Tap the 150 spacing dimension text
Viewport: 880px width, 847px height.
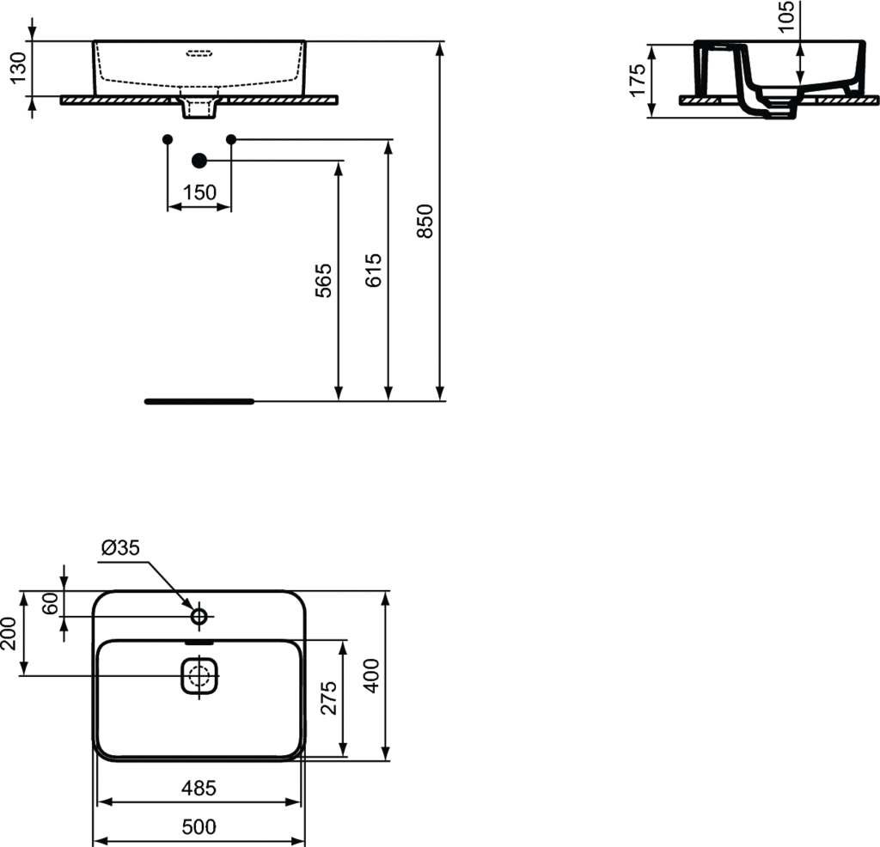tap(199, 192)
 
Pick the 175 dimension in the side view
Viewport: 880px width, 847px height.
tap(638, 80)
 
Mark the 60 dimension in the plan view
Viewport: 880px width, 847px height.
tap(50, 603)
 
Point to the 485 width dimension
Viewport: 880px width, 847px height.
tap(199, 787)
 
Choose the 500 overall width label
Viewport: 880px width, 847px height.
tap(199, 827)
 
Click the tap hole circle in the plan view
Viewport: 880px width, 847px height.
tap(199, 616)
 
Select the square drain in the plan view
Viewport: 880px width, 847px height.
tap(201, 676)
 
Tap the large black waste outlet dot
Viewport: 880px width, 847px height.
tap(199, 161)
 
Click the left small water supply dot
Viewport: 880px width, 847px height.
tap(168, 138)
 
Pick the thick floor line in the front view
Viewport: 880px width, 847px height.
tap(199, 401)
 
